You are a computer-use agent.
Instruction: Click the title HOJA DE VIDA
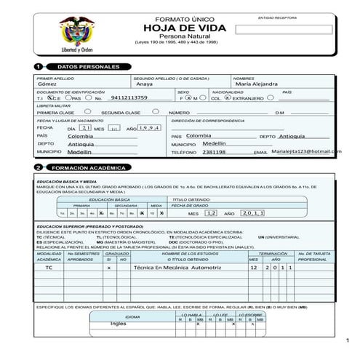[184, 28]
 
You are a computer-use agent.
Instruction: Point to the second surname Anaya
[144, 84]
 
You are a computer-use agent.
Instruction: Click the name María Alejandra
[257, 84]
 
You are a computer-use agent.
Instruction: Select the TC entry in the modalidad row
[49, 268]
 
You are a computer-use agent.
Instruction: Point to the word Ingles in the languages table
[118, 324]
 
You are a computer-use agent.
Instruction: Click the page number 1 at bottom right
[348, 340]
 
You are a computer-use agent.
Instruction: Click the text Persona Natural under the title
[184, 36]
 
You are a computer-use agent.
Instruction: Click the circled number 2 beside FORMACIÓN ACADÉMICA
[38, 168]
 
